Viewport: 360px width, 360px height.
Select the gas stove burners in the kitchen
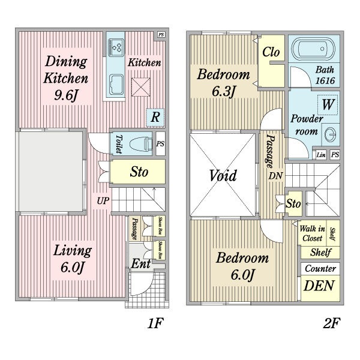(x=116, y=46)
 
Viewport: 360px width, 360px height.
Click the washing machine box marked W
(x=328, y=104)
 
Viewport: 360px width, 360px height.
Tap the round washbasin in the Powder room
(x=331, y=133)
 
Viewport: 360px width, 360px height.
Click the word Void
(x=223, y=176)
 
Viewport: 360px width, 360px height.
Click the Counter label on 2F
(x=320, y=268)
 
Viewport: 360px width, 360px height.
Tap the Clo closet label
(x=271, y=52)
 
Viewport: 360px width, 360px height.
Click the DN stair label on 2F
(x=275, y=176)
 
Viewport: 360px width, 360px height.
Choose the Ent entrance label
(x=140, y=265)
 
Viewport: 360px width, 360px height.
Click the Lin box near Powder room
(x=320, y=155)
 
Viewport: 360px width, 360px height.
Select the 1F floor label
(x=155, y=324)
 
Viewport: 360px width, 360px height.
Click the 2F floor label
(x=331, y=324)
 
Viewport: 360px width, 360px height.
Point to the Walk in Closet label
(x=312, y=233)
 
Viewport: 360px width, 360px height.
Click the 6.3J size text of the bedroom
(x=224, y=94)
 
